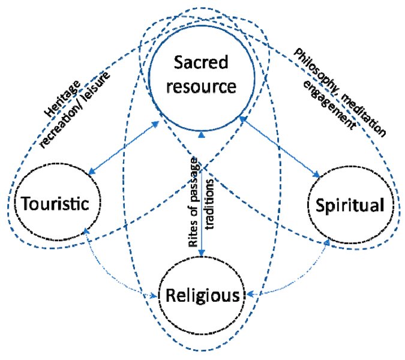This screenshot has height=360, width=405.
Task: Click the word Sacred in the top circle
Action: pos(202,62)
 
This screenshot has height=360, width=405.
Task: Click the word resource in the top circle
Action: pos(202,88)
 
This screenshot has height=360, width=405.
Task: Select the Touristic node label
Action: pos(55,204)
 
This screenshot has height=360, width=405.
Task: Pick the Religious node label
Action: pos(202,295)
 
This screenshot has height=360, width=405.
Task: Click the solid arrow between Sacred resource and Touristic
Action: pos(124,148)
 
